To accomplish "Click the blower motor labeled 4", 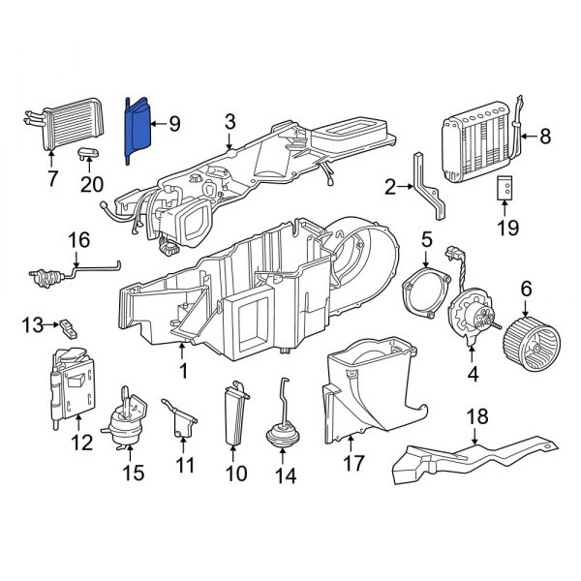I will click(x=474, y=315).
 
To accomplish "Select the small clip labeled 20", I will click(x=89, y=153).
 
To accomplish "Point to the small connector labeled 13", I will click(x=70, y=327).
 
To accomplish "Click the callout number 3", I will click(x=229, y=121).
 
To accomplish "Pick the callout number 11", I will click(x=184, y=467).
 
